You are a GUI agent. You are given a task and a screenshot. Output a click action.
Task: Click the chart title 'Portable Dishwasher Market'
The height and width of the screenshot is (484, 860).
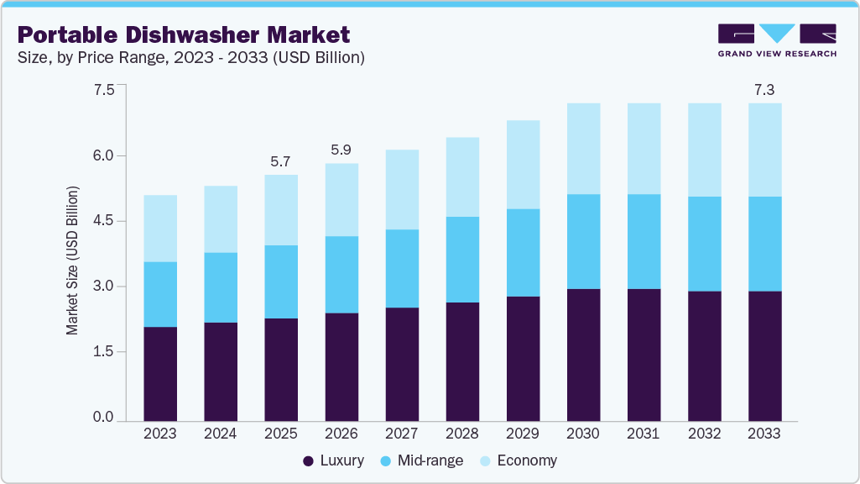click(x=184, y=35)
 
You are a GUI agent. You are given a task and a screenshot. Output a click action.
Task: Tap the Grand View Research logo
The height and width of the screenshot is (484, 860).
click(x=776, y=40)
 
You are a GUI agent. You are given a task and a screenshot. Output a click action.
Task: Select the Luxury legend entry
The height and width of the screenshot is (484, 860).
click(x=333, y=460)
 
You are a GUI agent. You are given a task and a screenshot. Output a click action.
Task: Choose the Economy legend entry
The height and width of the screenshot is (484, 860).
click(x=517, y=460)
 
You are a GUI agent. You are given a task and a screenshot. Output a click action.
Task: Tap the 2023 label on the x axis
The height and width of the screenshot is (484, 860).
click(x=160, y=434)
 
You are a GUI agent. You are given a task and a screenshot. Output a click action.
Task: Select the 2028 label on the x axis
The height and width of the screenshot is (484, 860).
click(x=462, y=434)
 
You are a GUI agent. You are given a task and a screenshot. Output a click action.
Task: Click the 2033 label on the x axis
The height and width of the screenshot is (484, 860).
click(x=764, y=434)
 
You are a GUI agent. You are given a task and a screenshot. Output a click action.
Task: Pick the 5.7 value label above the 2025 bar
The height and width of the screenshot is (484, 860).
click(x=281, y=160)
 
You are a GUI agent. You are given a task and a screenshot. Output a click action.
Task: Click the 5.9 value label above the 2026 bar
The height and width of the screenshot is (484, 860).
click(x=341, y=150)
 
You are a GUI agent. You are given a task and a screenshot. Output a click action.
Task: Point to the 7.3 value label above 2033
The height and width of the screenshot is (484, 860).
click(x=764, y=90)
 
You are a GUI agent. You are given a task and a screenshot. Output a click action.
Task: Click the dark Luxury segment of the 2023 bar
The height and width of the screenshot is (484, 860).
click(x=160, y=374)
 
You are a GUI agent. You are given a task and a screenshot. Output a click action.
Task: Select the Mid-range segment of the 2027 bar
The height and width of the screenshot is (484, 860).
click(x=402, y=268)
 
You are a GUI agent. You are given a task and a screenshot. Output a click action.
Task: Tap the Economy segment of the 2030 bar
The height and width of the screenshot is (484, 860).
click(x=583, y=149)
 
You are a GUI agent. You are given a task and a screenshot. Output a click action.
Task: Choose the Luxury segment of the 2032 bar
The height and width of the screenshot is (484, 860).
click(x=704, y=355)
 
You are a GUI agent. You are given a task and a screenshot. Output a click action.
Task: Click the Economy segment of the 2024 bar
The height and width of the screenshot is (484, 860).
click(x=221, y=219)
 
